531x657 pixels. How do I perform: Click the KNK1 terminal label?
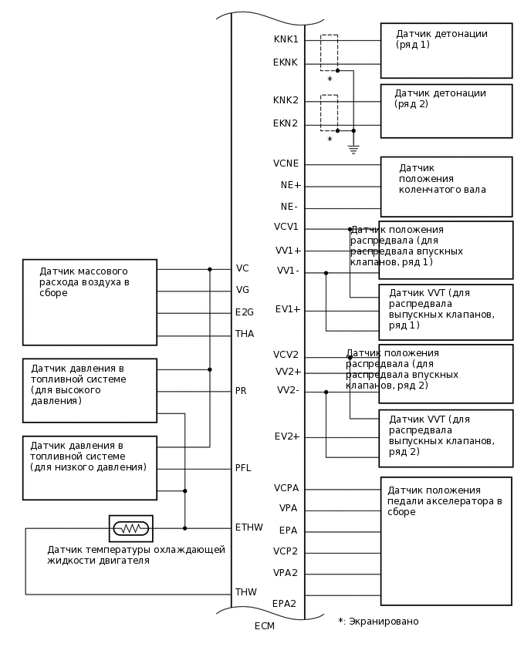click(286, 39)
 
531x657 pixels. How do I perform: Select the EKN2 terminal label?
click(285, 123)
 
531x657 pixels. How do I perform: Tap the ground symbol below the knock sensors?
click(353, 150)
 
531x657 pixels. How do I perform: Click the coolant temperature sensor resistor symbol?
click(131, 528)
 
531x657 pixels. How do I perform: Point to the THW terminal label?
click(245, 592)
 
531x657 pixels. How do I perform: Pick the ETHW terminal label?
click(249, 527)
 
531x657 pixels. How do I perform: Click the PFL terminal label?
click(243, 468)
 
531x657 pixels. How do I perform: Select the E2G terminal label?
click(244, 312)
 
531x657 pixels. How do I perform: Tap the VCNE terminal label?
click(286, 163)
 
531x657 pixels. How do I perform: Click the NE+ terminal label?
click(291, 185)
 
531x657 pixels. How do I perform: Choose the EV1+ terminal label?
click(288, 309)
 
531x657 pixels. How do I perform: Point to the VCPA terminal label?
click(286, 488)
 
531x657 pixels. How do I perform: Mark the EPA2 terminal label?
click(284, 604)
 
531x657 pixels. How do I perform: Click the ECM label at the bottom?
click(264, 626)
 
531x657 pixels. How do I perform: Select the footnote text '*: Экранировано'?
click(378, 622)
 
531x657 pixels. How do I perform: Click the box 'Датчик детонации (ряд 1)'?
click(446, 50)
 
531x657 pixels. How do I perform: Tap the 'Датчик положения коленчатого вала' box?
click(446, 187)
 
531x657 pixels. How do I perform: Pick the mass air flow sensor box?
click(90, 302)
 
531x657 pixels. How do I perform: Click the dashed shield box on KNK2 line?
click(329, 113)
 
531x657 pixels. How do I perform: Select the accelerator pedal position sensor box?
click(446, 541)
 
